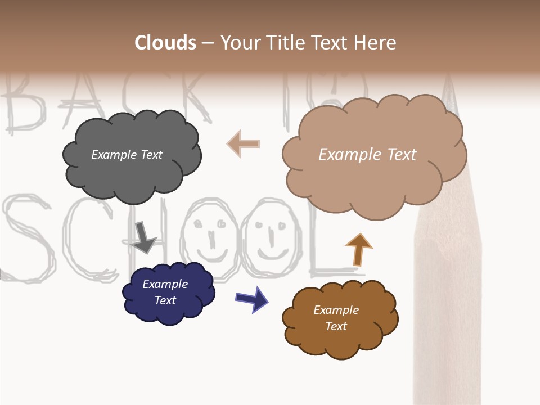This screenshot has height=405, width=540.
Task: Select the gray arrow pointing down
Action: tap(145, 237)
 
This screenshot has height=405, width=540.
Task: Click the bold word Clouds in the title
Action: tap(165, 43)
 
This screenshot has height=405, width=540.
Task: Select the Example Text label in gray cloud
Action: tap(127, 155)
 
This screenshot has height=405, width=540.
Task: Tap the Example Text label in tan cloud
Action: tap(367, 155)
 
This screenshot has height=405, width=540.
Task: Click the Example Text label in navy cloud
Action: tap(165, 292)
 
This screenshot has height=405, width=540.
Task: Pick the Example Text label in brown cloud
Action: tap(336, 318)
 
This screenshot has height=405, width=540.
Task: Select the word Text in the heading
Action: tap(331, 43)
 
